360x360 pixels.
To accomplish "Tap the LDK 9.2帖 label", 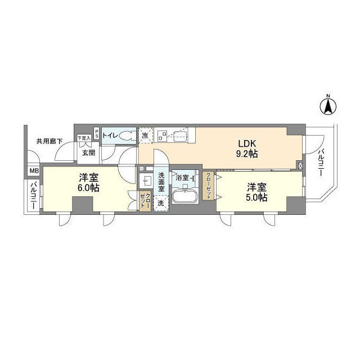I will [x=246, y=148].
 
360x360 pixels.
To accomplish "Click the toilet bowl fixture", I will [x=126, y=136].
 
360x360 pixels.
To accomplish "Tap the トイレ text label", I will [x=109, y=136].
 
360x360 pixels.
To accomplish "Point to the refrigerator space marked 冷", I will [x=145, y=136].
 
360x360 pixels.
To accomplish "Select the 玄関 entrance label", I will [x=89, y=152].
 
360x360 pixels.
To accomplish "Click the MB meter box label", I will [x=33, y=171].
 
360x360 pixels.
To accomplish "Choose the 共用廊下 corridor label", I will [x=49, y=141].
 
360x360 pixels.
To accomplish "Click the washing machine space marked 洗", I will [x=161, y=202].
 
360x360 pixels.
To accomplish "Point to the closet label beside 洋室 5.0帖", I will [x=208, y=186].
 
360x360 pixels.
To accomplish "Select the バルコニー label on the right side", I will [x=320, y=163].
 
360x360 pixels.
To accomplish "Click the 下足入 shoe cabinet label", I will [x=83, y=138].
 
